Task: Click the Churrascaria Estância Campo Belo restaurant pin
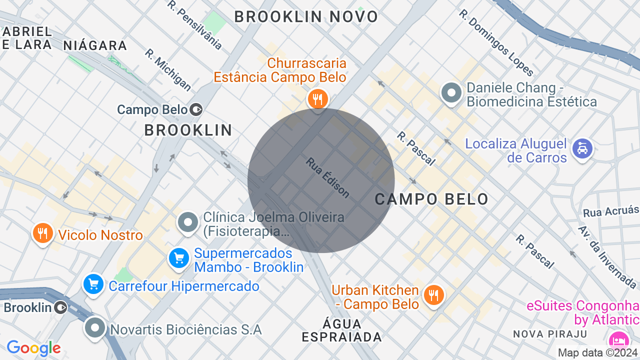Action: [317, 98]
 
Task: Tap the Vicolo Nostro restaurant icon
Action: [43, 233]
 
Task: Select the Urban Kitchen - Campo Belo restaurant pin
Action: [433, 295]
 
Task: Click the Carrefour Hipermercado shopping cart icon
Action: [93, 284]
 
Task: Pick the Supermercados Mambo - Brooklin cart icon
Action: [178, 258]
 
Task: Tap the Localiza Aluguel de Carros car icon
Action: [582, 149]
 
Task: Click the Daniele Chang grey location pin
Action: [452, 93]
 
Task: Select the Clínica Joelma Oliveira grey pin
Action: [188, 222]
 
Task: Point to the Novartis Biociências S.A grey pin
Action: [95, 328]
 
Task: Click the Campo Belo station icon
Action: [196, 109]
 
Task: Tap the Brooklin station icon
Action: [60, 307]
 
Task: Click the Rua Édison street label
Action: [328, 177]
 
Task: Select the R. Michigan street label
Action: [168, 70]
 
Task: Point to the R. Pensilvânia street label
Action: [194, 25]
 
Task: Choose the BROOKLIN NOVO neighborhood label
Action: [306, 16]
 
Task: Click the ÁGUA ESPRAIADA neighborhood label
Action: [342, 330]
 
